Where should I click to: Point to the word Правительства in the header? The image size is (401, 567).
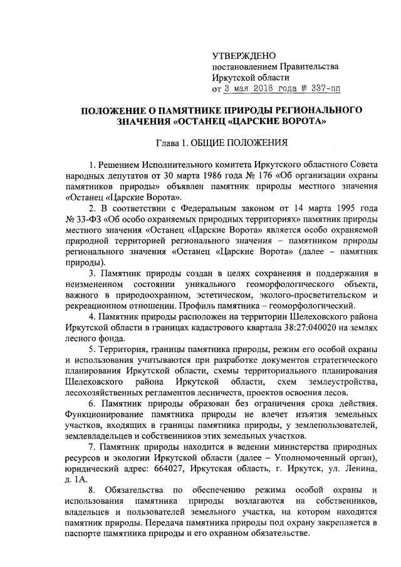[x=306, y=66]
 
